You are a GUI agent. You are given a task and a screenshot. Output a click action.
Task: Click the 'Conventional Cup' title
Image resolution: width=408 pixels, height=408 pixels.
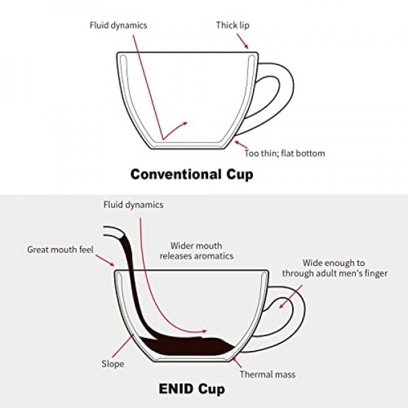[192, 174]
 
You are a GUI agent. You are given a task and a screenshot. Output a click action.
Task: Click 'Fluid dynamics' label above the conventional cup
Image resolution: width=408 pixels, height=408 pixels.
[118, 26]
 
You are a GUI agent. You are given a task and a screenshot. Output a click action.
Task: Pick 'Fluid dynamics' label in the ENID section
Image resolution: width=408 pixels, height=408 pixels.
[133, 204]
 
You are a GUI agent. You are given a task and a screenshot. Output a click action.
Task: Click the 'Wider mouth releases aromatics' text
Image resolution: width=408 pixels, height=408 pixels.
[197, 251]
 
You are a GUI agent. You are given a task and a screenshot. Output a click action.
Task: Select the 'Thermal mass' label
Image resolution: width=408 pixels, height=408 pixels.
[267, 374]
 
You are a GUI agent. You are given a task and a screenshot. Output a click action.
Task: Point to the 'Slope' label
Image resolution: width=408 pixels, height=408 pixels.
[113, 364]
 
